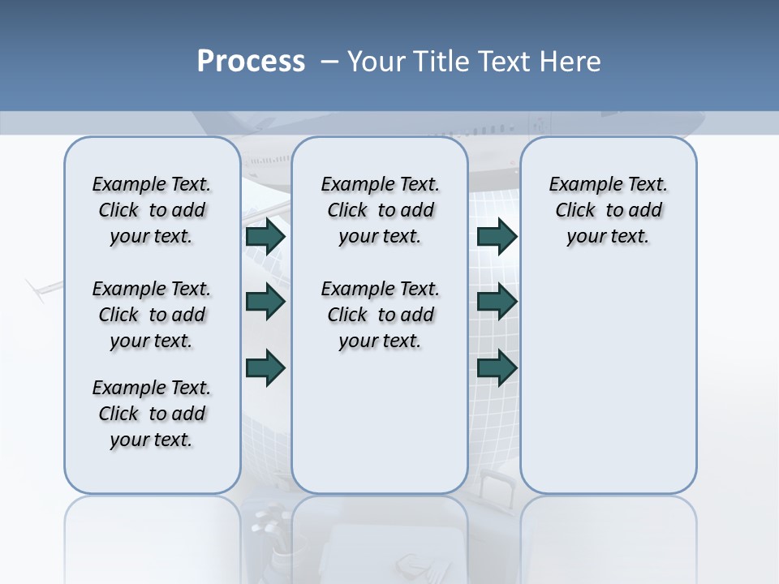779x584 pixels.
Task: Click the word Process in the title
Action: pyautogui.click(x=251, y=62)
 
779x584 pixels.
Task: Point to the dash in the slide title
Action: pyautogui.click(x=329, y=62)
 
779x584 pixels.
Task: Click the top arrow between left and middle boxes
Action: pyautogui.click(x=265, y=237)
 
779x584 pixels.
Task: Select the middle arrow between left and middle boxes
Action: pyautogui.click(x=265, y=302)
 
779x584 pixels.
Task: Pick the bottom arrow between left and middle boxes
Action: pyautogui.click(x=265, y=367)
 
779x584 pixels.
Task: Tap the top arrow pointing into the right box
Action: pyautogui.click(x=497, y=237)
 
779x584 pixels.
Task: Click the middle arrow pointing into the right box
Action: pyautogui.click(x=497, y=302)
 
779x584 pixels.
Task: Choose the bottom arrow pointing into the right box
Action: pyautogui.click(x=497, y=367)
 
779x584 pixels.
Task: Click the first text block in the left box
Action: pyautogui.click(x=152, y=210)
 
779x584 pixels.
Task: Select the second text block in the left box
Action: pyautogui.click(x=152, y=315)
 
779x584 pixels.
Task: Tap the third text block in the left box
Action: pyautogui.click(x=152, y=414)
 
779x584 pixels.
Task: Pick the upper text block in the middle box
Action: pyautogui.click(x=380, y=210)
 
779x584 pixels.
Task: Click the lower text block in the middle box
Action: pyautogui.click(x=380, y=315)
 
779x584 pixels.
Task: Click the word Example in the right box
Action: pyautogui.click(x=579, y=185)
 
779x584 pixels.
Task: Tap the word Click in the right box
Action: pyautogui.click(x=575, y=211)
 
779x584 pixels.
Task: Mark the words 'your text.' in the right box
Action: pyautogui.click(x=608, y=237)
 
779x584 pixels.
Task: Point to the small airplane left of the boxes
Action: pyautogui.click(x=42, y=288)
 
